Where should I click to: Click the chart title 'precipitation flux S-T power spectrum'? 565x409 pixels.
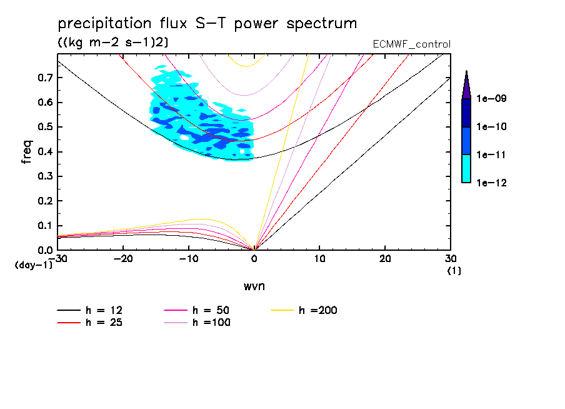coord(207,24)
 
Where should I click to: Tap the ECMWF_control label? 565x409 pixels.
coord(411,44)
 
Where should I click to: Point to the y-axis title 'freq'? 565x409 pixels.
coord(27,151)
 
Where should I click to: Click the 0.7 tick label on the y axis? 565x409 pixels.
coord(45,78)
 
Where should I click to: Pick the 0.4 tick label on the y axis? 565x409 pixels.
coord(45,152)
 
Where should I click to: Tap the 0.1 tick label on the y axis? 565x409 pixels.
coord(45,226)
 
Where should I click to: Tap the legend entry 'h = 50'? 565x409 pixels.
coord(211,310)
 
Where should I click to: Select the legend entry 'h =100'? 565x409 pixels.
coord(211,323)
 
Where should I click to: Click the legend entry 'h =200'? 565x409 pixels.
coord(318,310)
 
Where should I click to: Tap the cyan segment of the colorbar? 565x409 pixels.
coord(466,168)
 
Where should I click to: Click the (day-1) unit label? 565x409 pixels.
coord(33,265)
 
